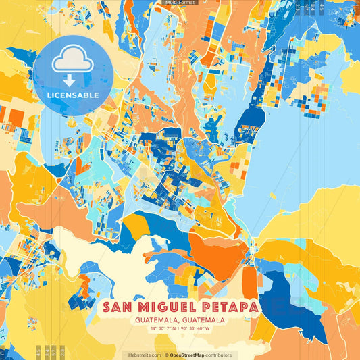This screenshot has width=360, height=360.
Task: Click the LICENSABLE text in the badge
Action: point(73,95)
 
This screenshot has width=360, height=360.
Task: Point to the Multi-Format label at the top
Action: point(180,3)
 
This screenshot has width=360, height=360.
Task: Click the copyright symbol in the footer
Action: point(165,355)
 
